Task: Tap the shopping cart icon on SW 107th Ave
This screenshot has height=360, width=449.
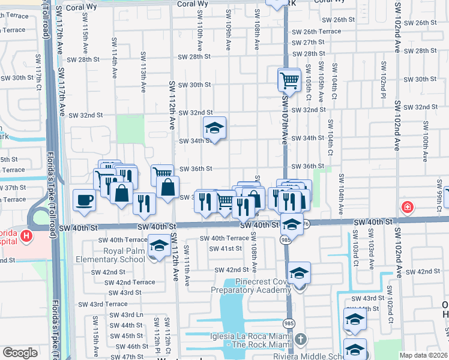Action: (289, 79)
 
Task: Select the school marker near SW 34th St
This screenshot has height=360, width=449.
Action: (214, 127)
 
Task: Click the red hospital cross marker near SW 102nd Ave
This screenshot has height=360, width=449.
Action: (408, 207)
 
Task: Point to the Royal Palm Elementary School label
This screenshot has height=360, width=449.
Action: (110, 256)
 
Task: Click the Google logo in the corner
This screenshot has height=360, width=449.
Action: (20, 353)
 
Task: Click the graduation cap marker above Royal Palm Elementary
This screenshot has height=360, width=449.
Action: (159, 246)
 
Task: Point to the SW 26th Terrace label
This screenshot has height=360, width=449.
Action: (316, 31)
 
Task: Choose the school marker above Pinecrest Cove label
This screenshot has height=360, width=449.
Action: (298, 272)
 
